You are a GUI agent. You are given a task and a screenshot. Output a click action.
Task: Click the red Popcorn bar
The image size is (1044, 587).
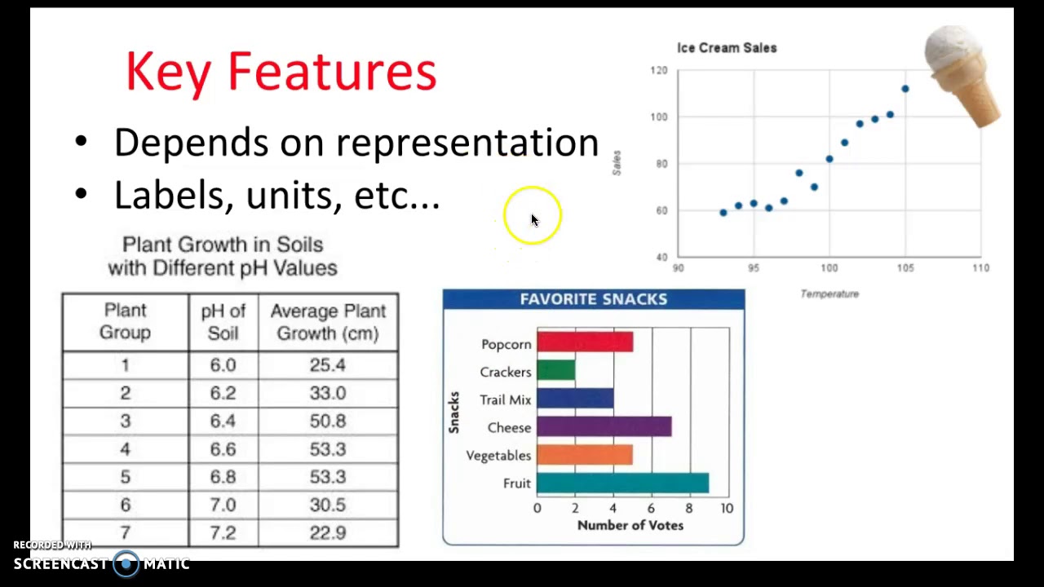point(585,342)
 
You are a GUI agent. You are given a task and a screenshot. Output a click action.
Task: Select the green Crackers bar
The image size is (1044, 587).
point(556,371)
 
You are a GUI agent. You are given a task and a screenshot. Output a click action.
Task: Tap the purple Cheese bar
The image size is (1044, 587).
point(604,426)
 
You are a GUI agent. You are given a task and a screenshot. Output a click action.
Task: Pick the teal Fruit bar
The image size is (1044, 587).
point(622,483)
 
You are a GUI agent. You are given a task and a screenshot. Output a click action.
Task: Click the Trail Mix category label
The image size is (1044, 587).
point(505,399)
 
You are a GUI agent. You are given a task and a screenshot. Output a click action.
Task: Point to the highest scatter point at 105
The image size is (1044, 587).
point(905,89)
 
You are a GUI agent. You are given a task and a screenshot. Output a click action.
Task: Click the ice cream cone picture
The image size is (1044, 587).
point(964,73)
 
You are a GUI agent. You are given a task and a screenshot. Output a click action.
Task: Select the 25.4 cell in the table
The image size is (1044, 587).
point(327,365)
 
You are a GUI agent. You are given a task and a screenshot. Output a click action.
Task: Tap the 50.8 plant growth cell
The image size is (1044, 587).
point(327,421)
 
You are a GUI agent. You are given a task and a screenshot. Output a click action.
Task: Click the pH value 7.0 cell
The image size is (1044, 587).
point(223,505)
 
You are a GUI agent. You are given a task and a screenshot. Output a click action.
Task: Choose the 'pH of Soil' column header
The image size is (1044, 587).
point(223,322)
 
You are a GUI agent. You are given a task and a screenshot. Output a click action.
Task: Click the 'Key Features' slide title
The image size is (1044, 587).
point(281,72)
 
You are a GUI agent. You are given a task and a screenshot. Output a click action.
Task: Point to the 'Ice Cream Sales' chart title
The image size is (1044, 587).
point(727,48)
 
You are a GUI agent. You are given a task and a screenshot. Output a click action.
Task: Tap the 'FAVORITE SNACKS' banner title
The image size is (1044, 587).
point(593,299)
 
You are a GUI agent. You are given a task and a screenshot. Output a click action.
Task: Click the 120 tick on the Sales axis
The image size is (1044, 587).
point(659,71)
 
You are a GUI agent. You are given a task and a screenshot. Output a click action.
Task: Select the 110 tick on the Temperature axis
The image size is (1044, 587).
point(980,267)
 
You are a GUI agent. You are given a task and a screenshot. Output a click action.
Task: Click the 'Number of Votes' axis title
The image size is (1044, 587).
point(630,525)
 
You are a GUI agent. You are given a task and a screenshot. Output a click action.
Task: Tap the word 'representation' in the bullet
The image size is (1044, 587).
point(467,143)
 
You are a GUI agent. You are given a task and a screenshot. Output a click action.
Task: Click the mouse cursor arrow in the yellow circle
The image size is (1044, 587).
point(534,220)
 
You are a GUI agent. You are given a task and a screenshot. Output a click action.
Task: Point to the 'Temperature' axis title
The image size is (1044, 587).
point(829,293)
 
